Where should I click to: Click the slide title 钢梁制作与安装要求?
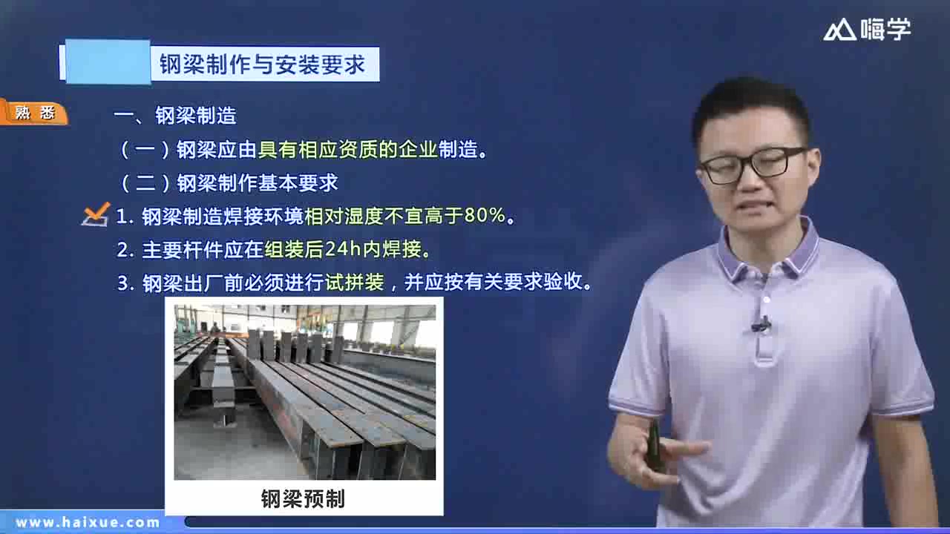click(x=263, y=65)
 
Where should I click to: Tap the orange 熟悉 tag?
click(x=34, y=113)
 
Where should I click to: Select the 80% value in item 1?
click(x=485, y=216)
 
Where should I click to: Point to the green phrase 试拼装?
click(x=354, y=283)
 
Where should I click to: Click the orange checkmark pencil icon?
click(x=96, y=214)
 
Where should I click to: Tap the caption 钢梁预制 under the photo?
click(x=303, y=498)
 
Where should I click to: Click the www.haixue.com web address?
click(x=88, y=522)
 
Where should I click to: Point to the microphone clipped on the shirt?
click(x=761, y=324)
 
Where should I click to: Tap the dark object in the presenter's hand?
click(x=655, y=444)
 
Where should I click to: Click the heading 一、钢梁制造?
click(x=175, y=116)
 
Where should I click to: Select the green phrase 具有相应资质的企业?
click(x=347, y=149)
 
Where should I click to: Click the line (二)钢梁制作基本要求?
click(x=229, y=182)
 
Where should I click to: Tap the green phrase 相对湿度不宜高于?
click(x=384, y=216)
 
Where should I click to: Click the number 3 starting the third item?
click(x=123, y=283)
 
